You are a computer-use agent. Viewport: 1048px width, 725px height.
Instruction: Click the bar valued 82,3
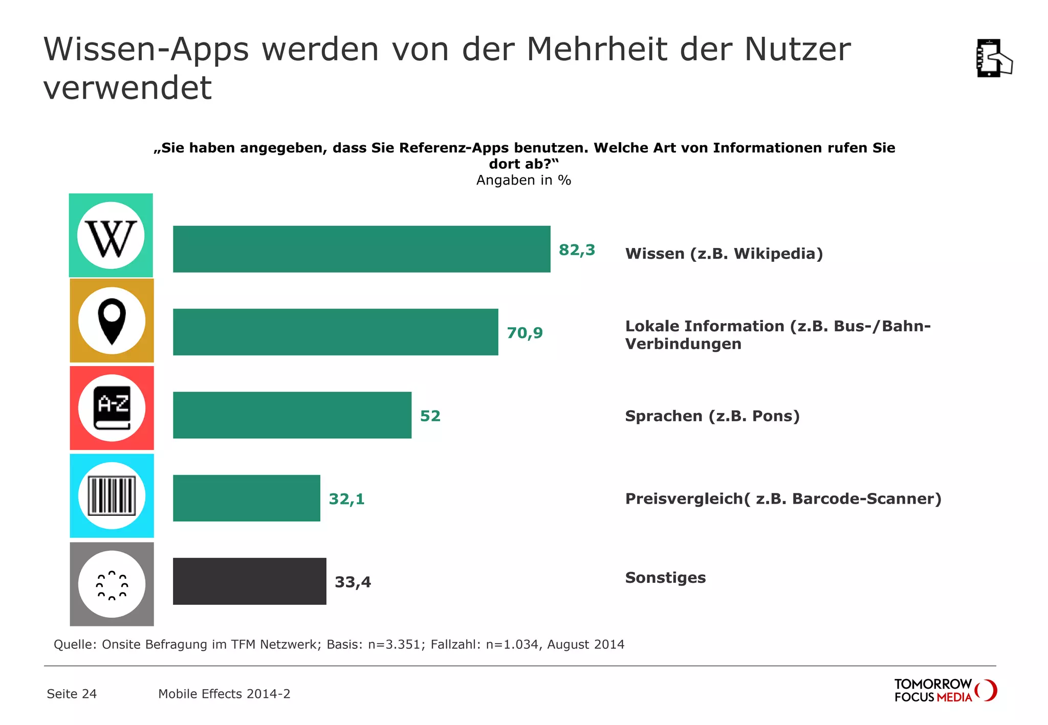pyautogui.click(x=361, y=249)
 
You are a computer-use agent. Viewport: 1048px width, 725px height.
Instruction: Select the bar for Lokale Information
pyautogui.click(x=335, y=332)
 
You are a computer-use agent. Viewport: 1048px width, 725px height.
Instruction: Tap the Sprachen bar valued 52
pyautogui.click(x=292, y=415)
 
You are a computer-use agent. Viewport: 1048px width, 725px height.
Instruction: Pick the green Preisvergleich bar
pyautogui.click(x=246, y=498)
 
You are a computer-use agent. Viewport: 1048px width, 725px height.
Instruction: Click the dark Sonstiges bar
pyautogui.click(x=249, y=581)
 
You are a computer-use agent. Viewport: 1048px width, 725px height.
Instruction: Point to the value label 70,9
pyautogui.click(x=525, y=333)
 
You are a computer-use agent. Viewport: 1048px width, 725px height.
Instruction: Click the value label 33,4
pyautogui.click(x=353, y=582)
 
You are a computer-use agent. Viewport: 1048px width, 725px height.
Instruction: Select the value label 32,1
pyautogui.click(x=346, y=499)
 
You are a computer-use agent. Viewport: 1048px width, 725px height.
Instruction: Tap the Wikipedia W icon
pyautogui.click(x=111, y=236)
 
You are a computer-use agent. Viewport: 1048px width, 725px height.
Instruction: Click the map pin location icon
pyautogui.click(x=112, y=321)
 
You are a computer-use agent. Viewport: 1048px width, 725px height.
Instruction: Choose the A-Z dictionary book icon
pyautogui.click(x=112, y=408)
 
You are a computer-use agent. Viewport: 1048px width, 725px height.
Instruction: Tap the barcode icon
pyautogui.click(x=112, y=495)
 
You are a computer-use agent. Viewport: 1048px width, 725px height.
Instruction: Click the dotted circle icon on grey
pyautogui.click(x=112, y=584)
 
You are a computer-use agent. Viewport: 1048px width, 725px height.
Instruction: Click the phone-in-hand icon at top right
pyautogui.click(x=993, y=58)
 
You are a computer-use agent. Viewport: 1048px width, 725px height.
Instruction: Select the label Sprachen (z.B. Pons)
pyautogui.click(x=712, y=416)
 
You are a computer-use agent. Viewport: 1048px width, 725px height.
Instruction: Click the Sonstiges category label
pyautogui.click(x=665, y=578)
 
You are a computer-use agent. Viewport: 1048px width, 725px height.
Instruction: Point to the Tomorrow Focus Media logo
pyautogui.click(x=945, y=690)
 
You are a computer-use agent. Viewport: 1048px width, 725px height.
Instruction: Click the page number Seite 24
pyautogui.click(x=72, y=694)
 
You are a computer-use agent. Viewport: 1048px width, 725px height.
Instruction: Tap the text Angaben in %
pyautogui.click(x=523, y=180)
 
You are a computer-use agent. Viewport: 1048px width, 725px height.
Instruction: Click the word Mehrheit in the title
pyautogui.click(x=597, y=50)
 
